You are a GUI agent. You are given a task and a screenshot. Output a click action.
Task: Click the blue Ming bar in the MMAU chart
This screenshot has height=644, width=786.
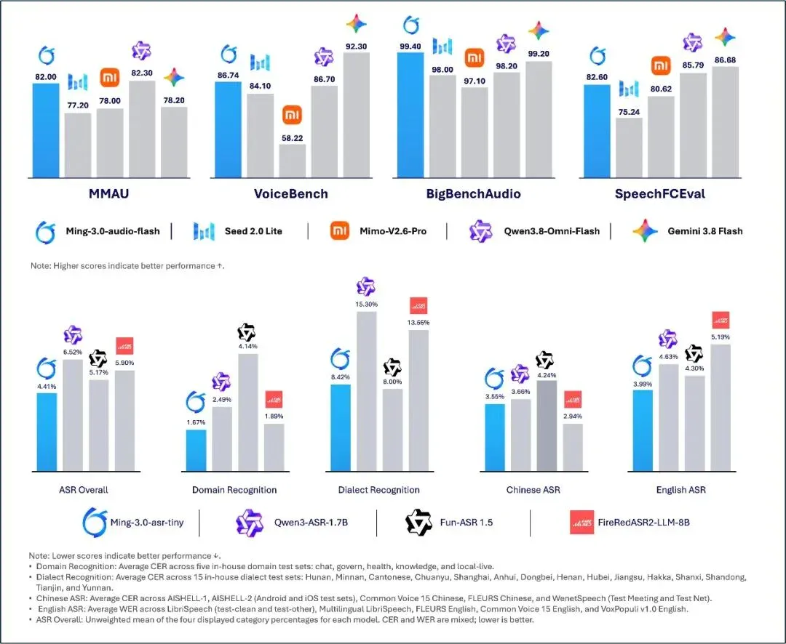(46, 130)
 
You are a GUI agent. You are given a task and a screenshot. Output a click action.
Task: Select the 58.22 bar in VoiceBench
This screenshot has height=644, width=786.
(293, 161)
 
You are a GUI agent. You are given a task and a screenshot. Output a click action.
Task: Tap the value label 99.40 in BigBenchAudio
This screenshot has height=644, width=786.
(410, 47)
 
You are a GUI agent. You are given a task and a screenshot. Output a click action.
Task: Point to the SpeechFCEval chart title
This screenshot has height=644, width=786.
(659, 194)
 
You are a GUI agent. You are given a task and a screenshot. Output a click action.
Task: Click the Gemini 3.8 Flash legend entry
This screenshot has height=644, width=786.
(688, 231)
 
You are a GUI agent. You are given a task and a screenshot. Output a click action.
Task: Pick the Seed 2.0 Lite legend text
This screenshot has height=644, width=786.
(253, 231)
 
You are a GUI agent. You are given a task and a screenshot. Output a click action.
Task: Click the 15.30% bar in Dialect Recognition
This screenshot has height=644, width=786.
(366, 392)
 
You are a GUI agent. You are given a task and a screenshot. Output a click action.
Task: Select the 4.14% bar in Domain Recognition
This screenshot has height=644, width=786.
(248, 413)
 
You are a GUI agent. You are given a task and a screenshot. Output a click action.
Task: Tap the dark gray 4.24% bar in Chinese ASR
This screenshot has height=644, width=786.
(547, 426)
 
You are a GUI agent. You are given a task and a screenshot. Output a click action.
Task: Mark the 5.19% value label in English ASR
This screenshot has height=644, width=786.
(720, 337)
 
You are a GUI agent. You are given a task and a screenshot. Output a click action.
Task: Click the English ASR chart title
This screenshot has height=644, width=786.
(680, 490)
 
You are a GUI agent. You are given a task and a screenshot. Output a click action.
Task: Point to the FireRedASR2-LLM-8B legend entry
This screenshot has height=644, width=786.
(630, 523)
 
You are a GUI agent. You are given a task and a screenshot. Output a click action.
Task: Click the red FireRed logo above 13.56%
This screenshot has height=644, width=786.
(418, 305)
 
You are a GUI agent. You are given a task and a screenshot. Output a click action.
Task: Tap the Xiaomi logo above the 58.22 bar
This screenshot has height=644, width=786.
(292, 115)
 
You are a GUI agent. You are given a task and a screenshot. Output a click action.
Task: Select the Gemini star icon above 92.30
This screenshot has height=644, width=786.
(357, 23)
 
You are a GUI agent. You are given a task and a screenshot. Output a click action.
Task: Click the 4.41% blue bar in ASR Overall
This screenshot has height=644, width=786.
(47, 432)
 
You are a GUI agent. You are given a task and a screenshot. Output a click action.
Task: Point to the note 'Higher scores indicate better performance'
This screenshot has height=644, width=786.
(127, 266)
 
